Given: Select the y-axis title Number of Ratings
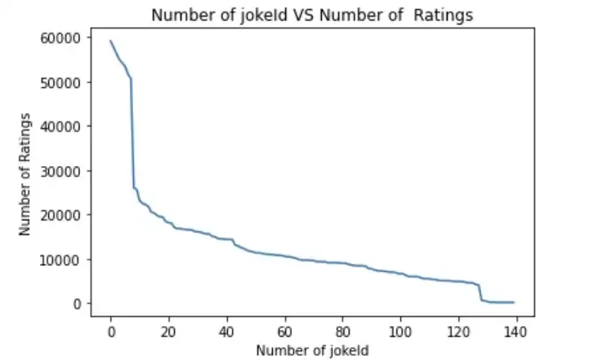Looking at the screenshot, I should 26,173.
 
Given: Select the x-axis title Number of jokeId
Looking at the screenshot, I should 312,350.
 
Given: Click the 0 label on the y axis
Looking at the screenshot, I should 77,303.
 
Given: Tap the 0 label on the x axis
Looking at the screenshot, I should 111,331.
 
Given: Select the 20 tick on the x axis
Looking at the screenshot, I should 169,331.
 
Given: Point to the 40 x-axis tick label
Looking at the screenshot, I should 227,331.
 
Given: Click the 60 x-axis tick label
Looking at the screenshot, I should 285,331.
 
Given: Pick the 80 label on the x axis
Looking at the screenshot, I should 343,331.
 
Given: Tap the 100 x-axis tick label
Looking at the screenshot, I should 401,331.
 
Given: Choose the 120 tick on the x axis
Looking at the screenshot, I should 459,331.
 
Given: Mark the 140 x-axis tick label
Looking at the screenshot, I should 517,331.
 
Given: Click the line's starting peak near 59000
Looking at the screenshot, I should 111,41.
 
